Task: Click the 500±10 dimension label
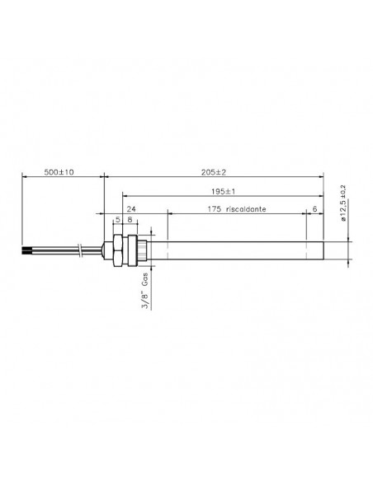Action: point(59,172)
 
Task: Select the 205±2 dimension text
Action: point(214,172)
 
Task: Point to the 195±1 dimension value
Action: point(223,192)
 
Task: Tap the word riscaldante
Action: point(246,209)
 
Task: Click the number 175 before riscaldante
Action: point(215,209)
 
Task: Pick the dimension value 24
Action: point(131,209)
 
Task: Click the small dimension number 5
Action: point(118,220)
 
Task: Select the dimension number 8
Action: point(130,220)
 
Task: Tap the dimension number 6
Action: point(314,209)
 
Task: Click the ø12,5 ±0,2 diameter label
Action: point(343,203)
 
